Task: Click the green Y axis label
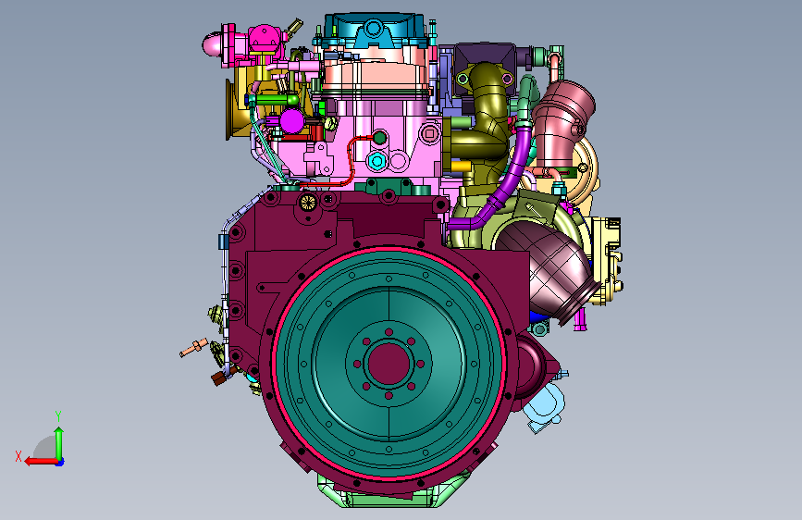tap(58, 416)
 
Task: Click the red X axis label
tap(19, 456)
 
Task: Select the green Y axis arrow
tap(59, 444)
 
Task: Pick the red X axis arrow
tap(42, 461)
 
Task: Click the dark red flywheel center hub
tap(389, 364)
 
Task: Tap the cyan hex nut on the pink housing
tap(377, 161)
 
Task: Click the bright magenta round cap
tap(292, 121)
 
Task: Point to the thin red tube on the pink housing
tap(349, 160)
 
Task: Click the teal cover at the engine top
tap(375, 31)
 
